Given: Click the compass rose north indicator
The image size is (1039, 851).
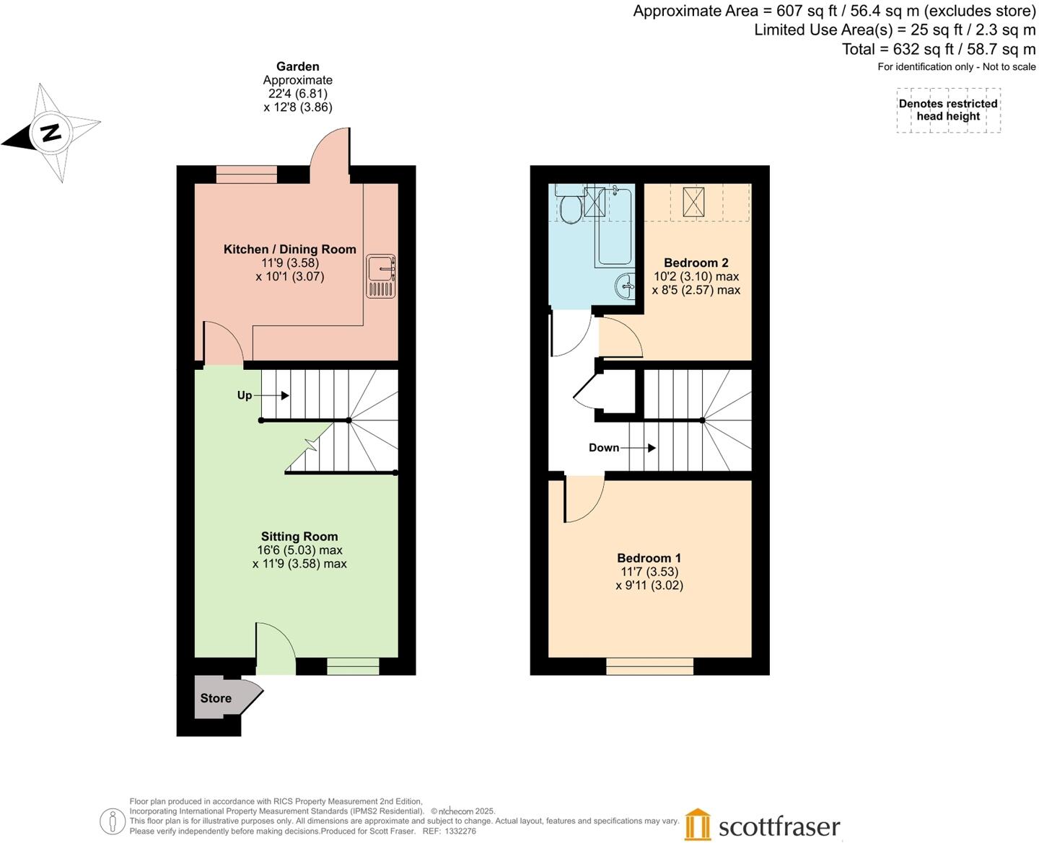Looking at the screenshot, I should pyautogui.click(x=50, y=133).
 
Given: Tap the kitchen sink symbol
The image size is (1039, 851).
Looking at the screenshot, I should pyautogui.click(x=380, y=275).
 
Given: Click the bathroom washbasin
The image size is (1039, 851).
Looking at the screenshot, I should pyautogui.click(x=626, y=286).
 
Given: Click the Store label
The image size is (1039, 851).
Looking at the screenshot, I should pyautogui.click(x=216, y=698).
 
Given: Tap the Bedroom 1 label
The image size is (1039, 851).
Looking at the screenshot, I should pyautogui.click(x=649, y=557).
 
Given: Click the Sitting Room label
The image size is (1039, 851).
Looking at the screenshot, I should pyautogui.click(x=299, y=536).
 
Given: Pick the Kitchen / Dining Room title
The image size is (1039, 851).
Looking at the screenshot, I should pyautogui.click(x=289, y=249).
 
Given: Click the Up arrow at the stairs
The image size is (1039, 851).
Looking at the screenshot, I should pyautogui.click(x=274, y=395).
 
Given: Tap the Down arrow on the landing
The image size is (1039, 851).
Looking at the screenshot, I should pyautogui.click(x=638, y=448).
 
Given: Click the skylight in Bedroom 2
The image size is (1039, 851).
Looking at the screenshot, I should pyautogui.click(x=693, y=201).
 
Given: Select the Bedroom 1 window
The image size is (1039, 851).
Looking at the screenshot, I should pyautogui.click(x=649, y=666).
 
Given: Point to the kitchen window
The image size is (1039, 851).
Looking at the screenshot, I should pyautogui.click(x=246, y=174).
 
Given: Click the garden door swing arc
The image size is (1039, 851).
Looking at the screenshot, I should pyautogui.click(x=330, y=148).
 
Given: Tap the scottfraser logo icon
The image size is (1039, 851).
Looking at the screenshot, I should pyautogui.click(x=698, y=824).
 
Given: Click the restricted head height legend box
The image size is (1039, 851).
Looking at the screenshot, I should pyautogui.click(x=948, y=110).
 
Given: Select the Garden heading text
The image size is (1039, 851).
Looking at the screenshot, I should pyautogui.click(x=297, y=66).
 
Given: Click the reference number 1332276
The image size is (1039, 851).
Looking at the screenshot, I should pyautogui.click(x=460, y=831).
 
